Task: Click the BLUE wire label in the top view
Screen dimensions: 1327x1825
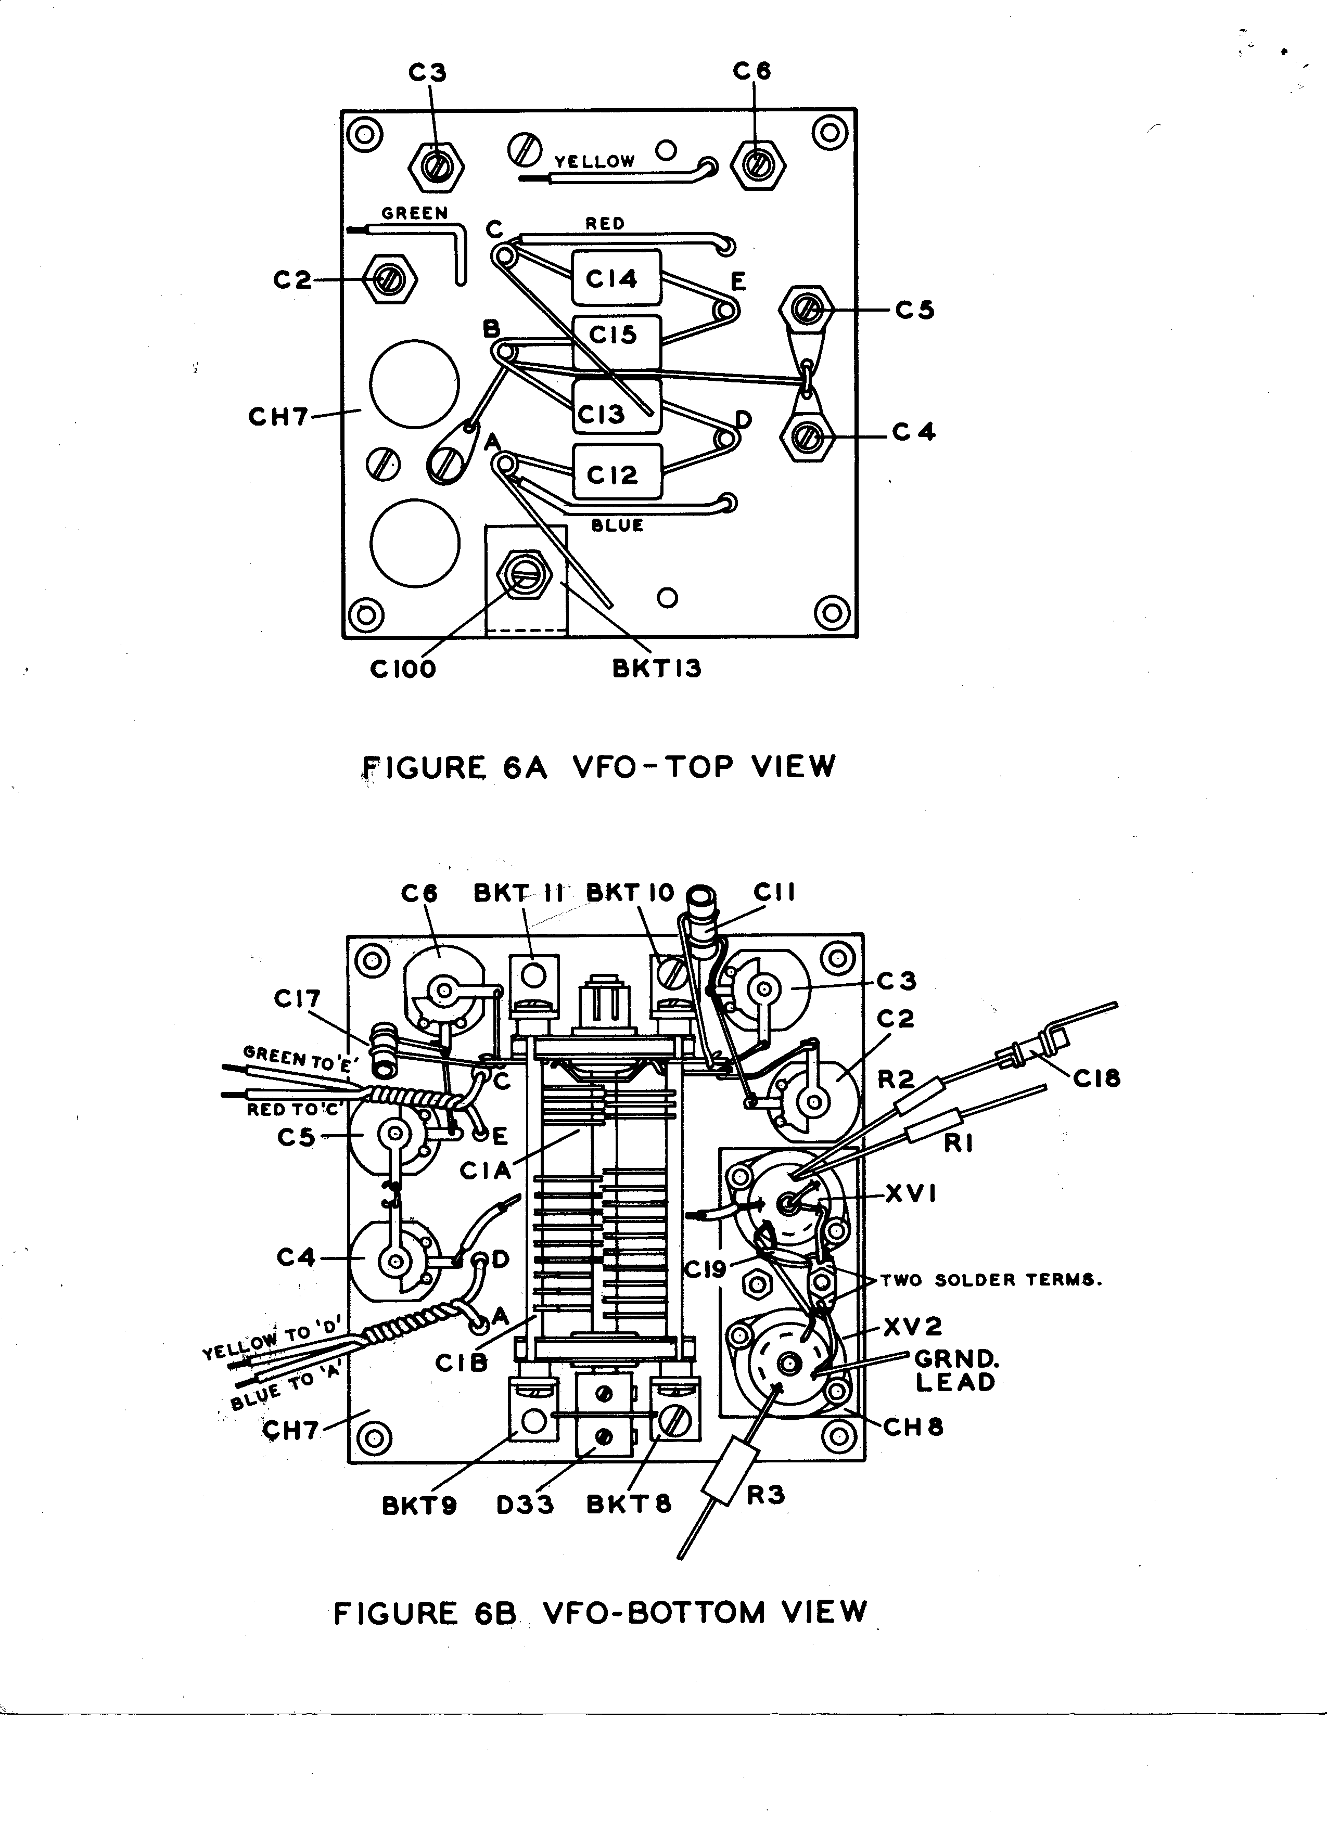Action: click(617, 525)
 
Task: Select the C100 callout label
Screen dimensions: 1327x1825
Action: click(402, 669)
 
